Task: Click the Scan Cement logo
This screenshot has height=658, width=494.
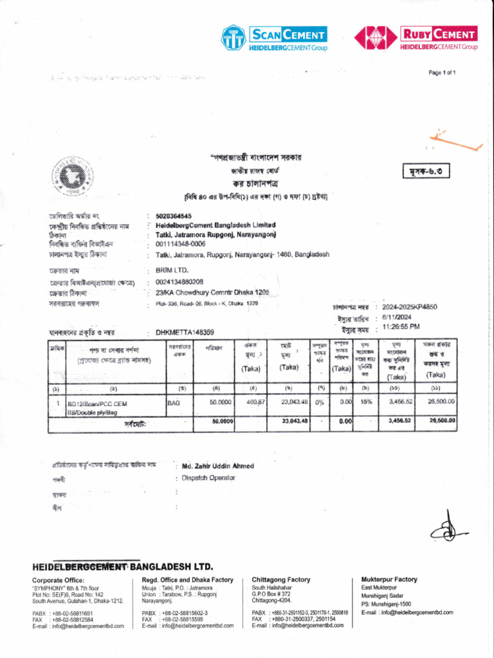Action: (274, 38)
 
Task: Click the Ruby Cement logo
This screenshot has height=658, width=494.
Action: (416, 38)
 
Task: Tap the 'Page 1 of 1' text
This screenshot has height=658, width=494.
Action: (443, 73)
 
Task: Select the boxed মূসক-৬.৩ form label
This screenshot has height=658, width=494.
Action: (426, 170)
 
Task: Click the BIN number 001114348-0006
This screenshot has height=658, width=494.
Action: (181, 244)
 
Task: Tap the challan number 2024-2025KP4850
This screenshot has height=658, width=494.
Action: (409, 307)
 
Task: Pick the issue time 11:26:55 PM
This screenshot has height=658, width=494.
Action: (401, 326)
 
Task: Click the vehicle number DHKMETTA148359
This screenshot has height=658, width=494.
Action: (185, 332)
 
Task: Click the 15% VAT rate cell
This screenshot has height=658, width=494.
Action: (365, 401)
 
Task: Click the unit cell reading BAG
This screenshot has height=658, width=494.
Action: (174, 402)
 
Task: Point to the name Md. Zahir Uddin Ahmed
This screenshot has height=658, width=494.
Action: (217, 466)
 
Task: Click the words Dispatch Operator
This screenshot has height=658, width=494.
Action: (208, 478)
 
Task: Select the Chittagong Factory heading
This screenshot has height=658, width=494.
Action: (280, 579)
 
